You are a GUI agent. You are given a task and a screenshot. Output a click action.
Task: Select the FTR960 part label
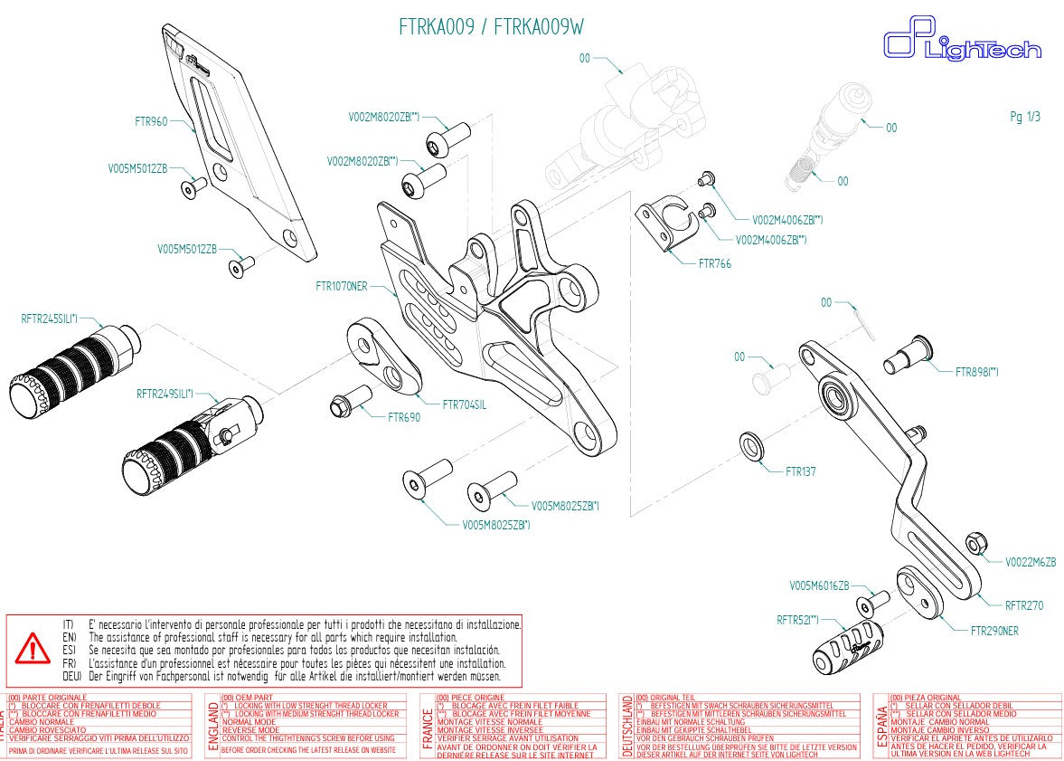pyautogui.click(x=150, y=120)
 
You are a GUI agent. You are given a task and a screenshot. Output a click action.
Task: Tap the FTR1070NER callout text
pyautogui.click(x=341, y=287)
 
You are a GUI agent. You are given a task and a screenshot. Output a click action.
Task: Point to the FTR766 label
pyautogui.click(x=715, y=264)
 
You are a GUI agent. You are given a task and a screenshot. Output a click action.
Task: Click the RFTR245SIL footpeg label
pyautogui.click(x=50, y=319)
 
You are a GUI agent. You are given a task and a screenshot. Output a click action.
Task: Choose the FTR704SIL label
pyautogui.click(x=464, y=404)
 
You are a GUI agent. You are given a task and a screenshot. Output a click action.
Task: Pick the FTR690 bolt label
pyautogui.click(x=404, y=418)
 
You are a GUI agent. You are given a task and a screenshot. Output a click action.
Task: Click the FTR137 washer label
pyautogui.click(x=801, y=471)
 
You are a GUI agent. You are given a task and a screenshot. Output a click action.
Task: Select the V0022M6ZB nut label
pyautogui.click(x=1031, y=562)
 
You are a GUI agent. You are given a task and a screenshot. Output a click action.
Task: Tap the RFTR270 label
pyautogui.click(x=1024, y=606)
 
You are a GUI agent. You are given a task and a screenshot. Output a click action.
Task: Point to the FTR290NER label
pyautogui.click(x=994, y=631)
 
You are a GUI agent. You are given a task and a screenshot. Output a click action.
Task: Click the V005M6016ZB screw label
pyautogui.click(x=819, y=585)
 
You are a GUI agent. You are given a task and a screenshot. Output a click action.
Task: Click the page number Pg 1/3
pyautogui.click(x=1024, y=117)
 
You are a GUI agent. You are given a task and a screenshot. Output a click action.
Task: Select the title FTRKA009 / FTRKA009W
pyautogui.click(x=491, y=27)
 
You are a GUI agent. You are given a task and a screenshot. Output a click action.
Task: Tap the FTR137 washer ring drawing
pyautogui.click(x=750, y=446)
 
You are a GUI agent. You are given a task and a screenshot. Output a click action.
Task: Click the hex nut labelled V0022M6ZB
pyautogui.click(x=976, y=544)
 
